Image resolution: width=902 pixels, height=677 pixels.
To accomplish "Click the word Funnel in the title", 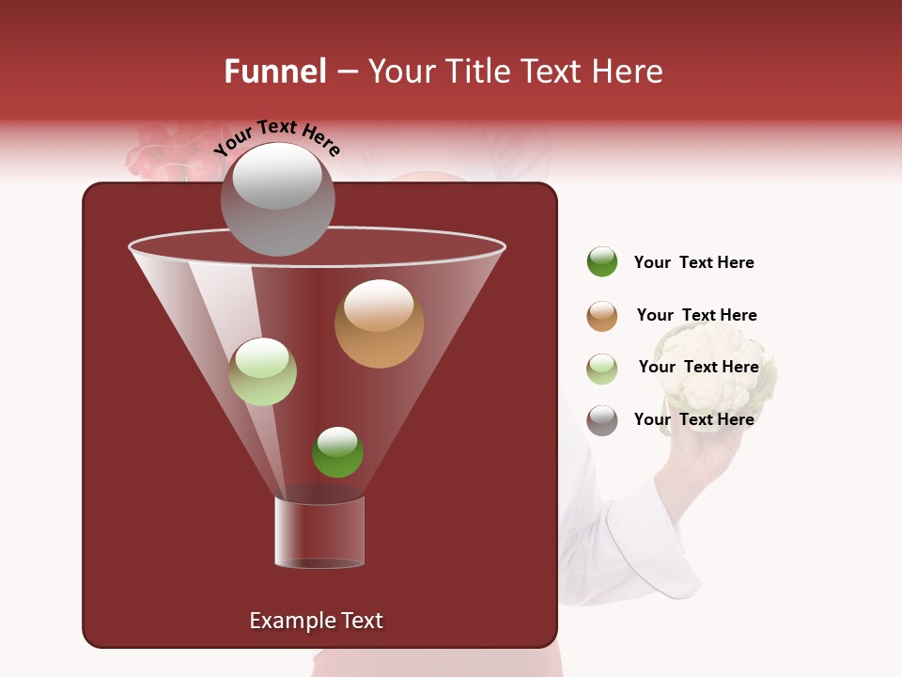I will tap(274, 71).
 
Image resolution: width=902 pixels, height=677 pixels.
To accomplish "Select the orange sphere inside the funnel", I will tap(379, 323).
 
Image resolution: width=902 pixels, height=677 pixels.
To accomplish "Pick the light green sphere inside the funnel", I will tap(262, 371).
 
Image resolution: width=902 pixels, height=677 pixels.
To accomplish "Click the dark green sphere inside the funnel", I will tap(337, 451).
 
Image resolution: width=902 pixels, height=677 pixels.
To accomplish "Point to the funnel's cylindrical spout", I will tap(319, 531).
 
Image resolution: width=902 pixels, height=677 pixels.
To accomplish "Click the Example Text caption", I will tap(316, 621).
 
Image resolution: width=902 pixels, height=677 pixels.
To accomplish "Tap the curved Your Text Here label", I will tap(276, 137).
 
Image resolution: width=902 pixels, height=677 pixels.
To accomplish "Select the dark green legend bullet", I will tap(602, 262).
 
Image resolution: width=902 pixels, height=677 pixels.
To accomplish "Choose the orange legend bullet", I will tap(602, 316).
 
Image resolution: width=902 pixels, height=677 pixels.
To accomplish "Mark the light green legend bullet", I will tap(602, 369).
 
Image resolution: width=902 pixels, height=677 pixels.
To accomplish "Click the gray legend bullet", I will tap(602, 420).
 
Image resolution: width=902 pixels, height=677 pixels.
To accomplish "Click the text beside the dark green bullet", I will tap(693, 263).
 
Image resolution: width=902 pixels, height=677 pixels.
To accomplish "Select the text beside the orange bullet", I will tap(696, 316).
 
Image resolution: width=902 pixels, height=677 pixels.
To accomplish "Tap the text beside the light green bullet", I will tap(698, 368).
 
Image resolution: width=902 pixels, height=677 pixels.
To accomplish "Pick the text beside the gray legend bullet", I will tap(693, 419).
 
